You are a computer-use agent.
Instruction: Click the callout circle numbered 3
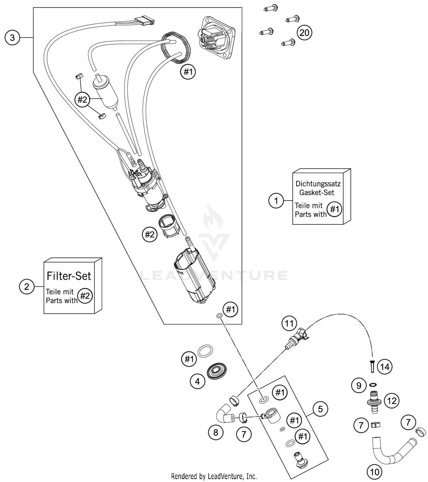click(12, 38)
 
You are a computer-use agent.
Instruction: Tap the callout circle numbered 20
click(304, 33)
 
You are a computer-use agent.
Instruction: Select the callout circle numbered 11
click(289, 324)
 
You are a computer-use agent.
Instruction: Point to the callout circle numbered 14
click(385, 367)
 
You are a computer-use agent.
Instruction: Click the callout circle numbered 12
click(392, 401)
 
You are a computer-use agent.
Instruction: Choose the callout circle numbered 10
click(375, 472)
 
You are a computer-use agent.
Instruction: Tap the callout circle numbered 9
click(359, 386)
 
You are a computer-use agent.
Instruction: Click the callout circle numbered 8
click(216, 432)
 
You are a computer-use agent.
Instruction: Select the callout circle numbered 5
click(320, 409)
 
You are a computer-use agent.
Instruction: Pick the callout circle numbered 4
click(197, 381)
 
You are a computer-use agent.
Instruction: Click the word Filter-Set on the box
click(69, 276)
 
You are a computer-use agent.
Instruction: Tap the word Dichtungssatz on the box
click(318, 184)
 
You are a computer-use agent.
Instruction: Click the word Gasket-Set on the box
click(316, 193)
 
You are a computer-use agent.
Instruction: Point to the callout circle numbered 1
click(276, 201)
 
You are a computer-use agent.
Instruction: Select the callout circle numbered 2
click(27, 287)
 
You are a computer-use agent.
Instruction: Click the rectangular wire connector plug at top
click(145, 21)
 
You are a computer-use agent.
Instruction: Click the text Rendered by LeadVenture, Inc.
click(214, 476)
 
